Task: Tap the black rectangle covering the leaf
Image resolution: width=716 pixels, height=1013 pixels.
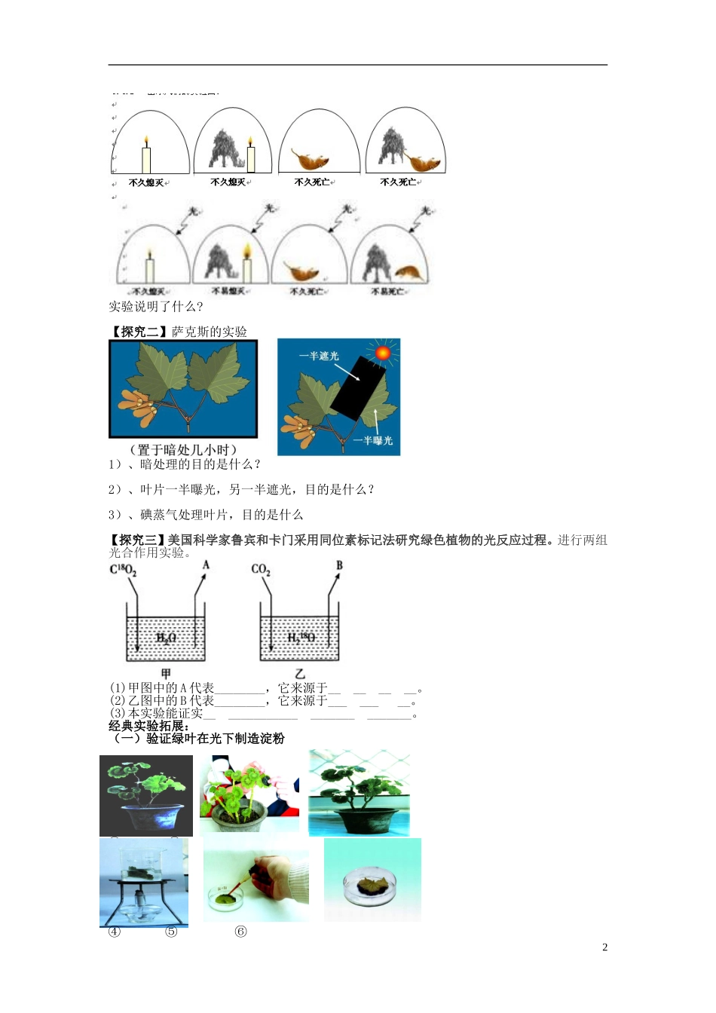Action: coord(357,388)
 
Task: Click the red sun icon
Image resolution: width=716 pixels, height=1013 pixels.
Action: coord(383,353)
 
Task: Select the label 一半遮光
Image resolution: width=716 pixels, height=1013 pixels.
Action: coord(319,356)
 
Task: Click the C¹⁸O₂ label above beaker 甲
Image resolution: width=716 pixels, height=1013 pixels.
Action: coord(124,571)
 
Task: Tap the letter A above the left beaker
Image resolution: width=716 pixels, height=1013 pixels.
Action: coord(206,565)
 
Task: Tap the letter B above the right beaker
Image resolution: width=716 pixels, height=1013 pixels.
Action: coord(339,565)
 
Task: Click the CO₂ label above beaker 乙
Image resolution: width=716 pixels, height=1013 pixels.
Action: coord(261,570)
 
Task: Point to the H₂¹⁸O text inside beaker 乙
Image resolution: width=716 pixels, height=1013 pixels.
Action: coord(301,638)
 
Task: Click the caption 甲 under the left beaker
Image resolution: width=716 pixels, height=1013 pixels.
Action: coord(166,673)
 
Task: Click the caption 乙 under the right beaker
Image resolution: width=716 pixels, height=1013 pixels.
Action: coord(300,673)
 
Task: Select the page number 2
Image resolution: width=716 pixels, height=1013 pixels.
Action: coord(604,947)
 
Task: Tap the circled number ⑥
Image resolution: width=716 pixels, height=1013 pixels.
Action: coord(240,932)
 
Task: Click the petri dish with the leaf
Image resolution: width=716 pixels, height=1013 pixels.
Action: coord(372,883)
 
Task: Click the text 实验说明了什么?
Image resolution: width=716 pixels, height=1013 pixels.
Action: coord(155,307)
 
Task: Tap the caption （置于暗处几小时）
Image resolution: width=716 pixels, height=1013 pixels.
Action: coord(183,450)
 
